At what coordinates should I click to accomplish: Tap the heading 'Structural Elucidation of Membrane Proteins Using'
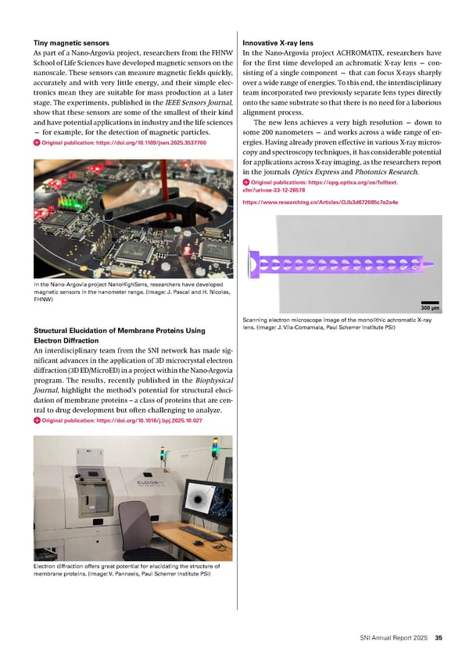(119, 330)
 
